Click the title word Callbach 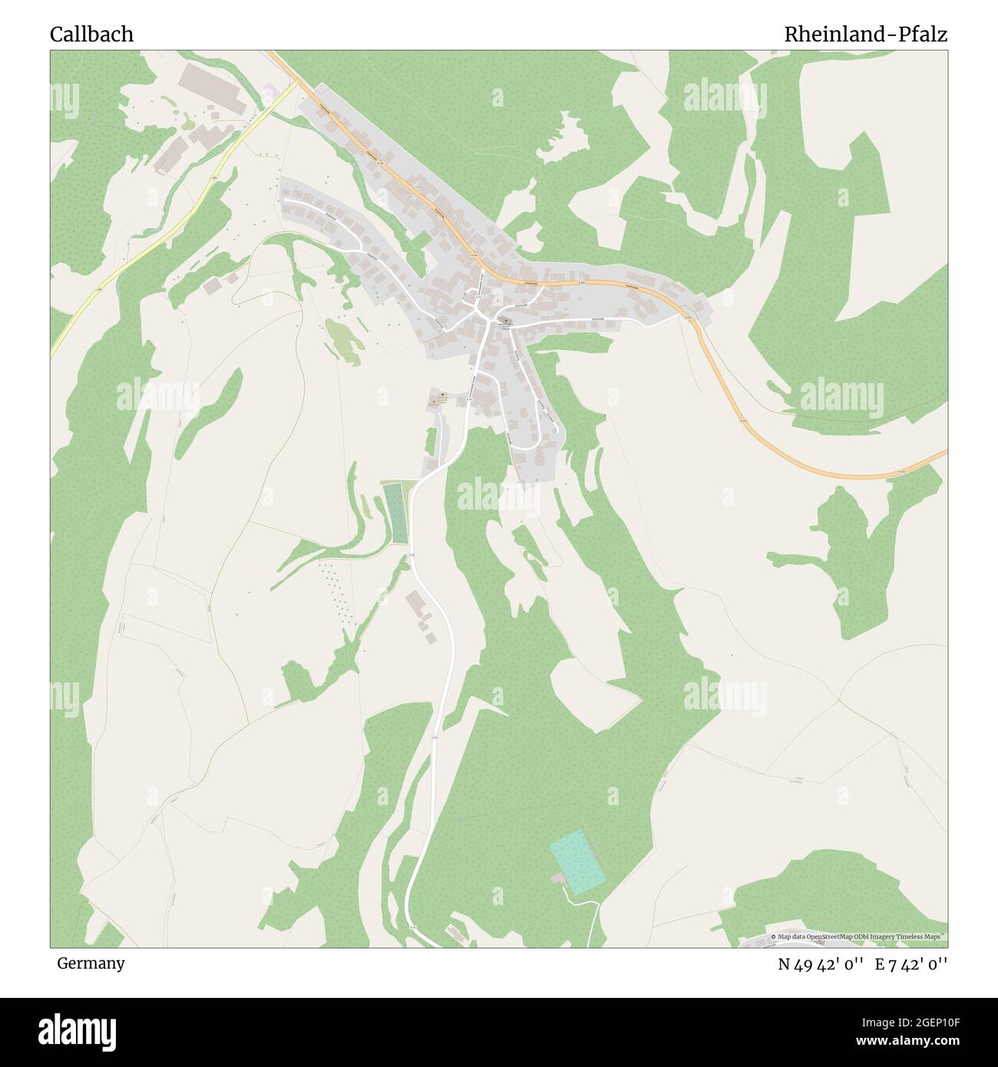pos(91,35)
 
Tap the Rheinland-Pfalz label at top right pos(865,35)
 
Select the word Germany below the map pos(91,963)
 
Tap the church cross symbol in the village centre pos(507,321)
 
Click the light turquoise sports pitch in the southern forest pos(577,863)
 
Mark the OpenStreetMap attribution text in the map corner pos(858,937)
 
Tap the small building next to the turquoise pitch pos(557,877)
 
